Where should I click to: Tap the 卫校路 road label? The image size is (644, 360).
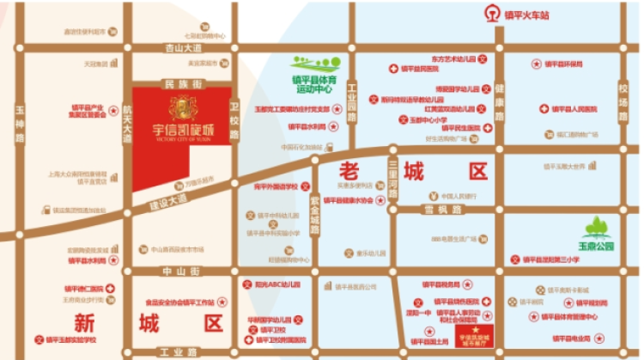(x=234, y=115)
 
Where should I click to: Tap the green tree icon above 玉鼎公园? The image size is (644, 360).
(x=597, y=228)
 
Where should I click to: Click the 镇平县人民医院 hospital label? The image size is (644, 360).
(x=570, y=109)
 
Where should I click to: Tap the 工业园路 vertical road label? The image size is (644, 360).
(x=351, y=95)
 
